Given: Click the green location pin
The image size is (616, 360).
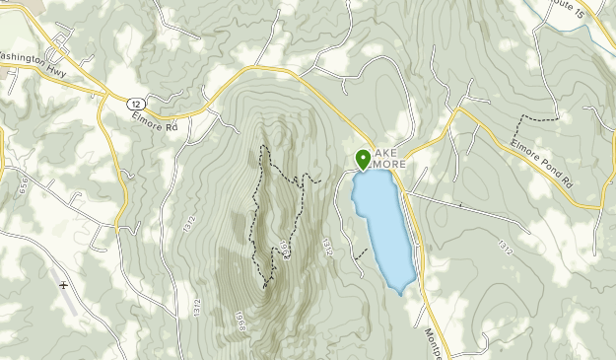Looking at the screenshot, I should [362, 159].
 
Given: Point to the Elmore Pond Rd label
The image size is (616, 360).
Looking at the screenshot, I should [540, 162].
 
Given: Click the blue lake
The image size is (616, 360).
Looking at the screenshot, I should [383, 227].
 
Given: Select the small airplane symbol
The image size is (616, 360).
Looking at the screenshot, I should [64, 285].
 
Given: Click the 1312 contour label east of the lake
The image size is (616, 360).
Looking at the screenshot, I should [506, 247].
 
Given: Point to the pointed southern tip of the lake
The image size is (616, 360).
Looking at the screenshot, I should [399, 293].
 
